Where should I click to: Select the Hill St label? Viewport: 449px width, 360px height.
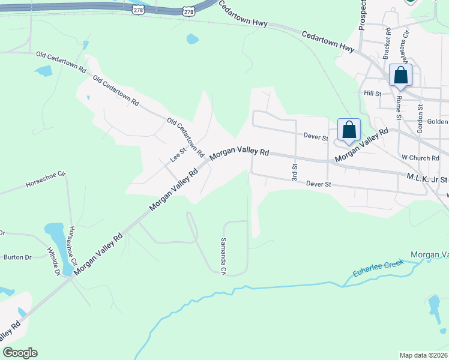373,94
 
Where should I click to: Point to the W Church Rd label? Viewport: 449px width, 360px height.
417,157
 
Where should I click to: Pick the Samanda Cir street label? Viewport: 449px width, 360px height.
223,263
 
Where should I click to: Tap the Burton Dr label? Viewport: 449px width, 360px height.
17,257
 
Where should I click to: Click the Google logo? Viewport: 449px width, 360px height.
20,353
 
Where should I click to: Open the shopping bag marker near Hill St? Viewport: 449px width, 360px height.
400,76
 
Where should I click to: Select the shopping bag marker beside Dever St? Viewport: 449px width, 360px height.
349,130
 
